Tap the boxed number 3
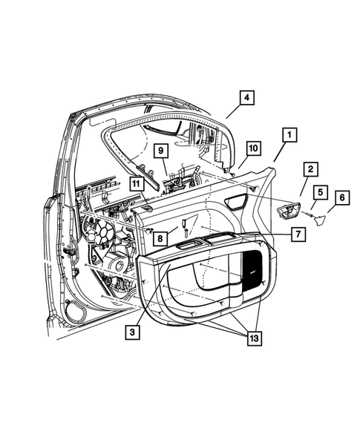point(132,333)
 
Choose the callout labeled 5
point(318,193)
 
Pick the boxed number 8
point(160,237)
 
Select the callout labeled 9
point(159,153)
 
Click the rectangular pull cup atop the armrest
point(192,243)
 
